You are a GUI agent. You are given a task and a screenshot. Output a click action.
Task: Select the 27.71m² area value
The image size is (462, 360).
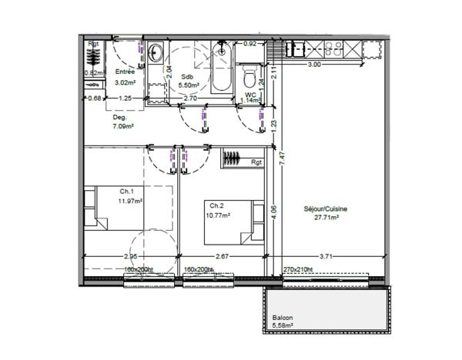tap(326, 217)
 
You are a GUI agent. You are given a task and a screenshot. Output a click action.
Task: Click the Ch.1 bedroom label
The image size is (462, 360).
tap(127, 192)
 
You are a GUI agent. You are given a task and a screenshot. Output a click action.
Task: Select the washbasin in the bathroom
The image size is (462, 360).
tap(156, 53)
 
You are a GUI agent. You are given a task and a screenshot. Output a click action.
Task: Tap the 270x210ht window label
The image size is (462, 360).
tap(297, 269)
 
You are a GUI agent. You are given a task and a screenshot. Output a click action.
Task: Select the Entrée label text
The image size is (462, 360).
tap(126, 72)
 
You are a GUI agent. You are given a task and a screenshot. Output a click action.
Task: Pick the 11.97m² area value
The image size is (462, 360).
tap(132, 201)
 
